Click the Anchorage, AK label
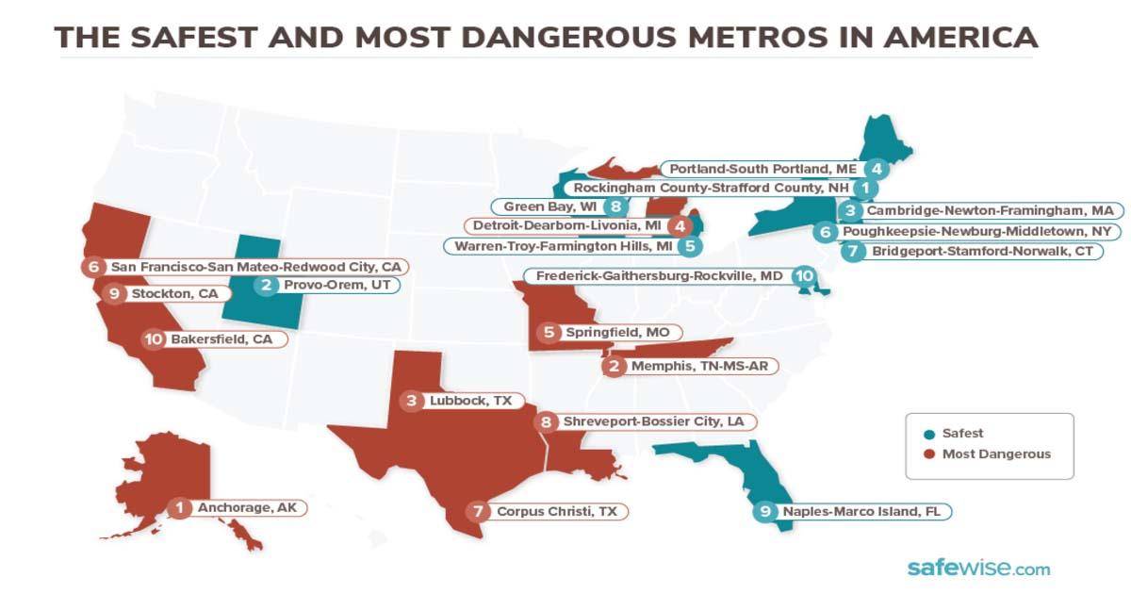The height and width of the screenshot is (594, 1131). coord(247,507)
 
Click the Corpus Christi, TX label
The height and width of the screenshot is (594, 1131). coord(557,511)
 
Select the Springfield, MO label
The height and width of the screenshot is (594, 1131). coord(604,332)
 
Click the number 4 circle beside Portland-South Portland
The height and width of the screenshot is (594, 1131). coord(877,169)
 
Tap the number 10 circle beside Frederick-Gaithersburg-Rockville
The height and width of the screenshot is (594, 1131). coord(803,276)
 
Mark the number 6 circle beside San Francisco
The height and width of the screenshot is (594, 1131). coord(92,267)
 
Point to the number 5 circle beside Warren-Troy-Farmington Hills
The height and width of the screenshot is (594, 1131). coord(691,246)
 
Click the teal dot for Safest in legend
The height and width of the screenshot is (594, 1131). coord(929,434)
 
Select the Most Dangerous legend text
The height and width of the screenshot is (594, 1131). coord(997,454)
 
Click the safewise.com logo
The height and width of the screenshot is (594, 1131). coord(977,568)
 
